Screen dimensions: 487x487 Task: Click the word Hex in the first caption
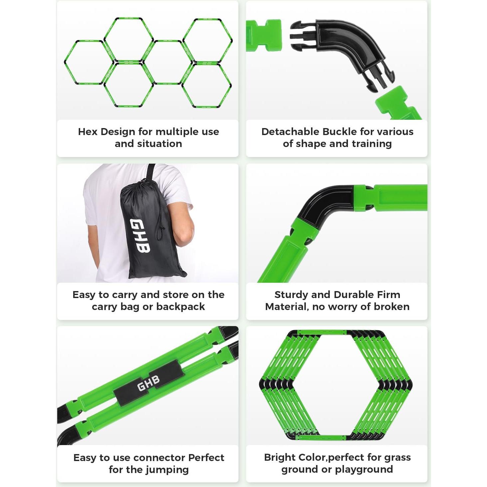pos(87,132)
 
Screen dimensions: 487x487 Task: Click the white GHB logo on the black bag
pos(140,235)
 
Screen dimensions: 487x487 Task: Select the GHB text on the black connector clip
pos(148,383)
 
